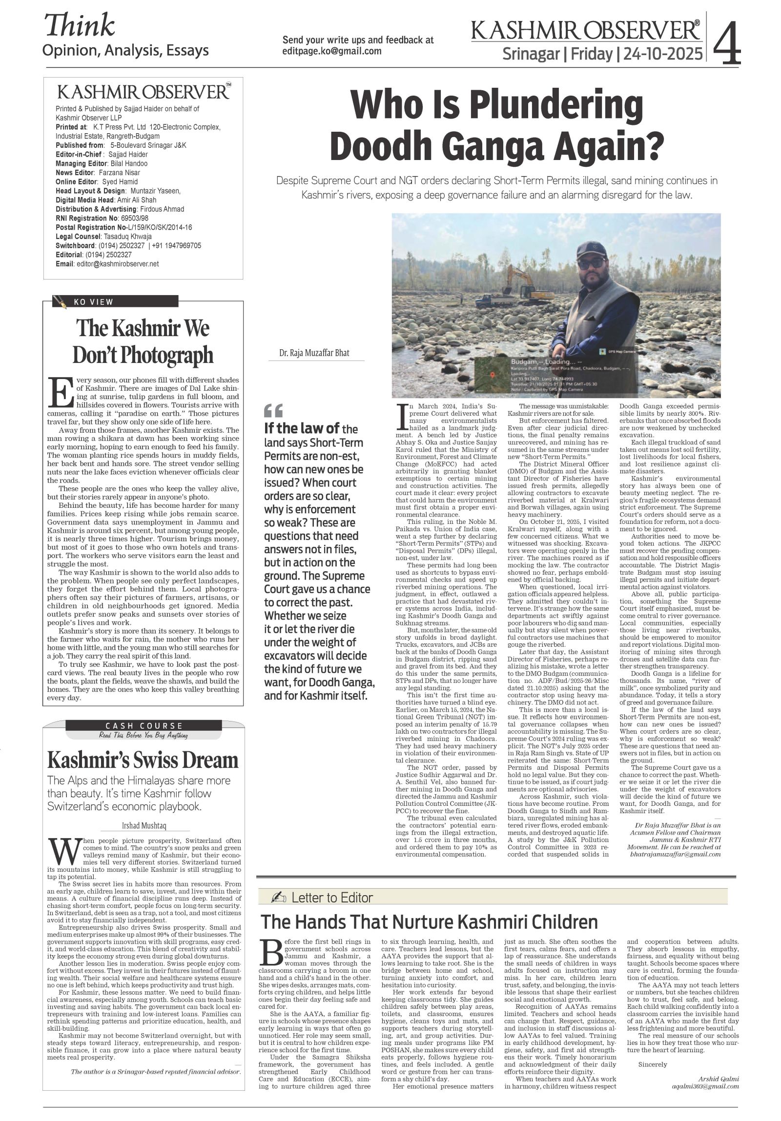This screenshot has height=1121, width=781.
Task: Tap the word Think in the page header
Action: [80, 25]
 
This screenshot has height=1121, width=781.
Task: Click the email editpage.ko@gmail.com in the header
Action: [331, 51]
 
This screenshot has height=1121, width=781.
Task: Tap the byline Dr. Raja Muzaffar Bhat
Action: [314, 353]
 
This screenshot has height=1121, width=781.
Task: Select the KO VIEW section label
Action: [93, 302]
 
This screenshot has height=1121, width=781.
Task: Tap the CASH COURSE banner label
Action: [144, 726]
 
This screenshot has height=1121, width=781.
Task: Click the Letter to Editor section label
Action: [332, 898]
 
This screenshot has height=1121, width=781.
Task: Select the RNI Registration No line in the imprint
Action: [102, 218]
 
